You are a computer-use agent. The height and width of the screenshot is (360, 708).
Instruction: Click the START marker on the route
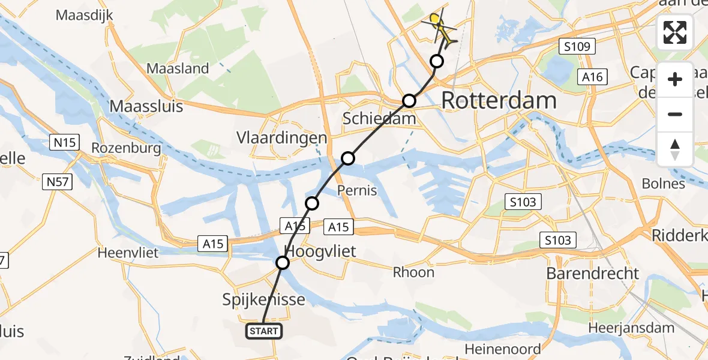coord(263,331)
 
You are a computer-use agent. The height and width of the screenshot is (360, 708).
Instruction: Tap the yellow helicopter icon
coord(440,28)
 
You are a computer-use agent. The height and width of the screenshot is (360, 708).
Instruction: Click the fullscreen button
coord(675,32)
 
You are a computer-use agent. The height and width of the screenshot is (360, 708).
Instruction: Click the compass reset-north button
coord(675,149)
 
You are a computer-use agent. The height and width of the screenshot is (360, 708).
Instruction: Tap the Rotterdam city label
coord(499,101)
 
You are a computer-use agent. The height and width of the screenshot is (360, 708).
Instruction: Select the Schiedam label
coord(379,119)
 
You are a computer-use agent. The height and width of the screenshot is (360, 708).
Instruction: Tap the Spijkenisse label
coord(265,299)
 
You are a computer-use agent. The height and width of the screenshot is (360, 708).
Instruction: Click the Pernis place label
coord(357,191)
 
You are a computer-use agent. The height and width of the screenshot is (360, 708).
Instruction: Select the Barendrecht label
coord(593,274)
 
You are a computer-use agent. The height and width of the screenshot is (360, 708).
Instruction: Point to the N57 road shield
coord(58,182)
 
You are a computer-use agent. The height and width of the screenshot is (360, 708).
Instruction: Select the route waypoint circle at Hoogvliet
coord(283,263)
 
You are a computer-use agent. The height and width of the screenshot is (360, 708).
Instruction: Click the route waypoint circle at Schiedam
coord(409,101)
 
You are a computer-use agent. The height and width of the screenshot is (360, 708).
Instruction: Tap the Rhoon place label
coord(413,272)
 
